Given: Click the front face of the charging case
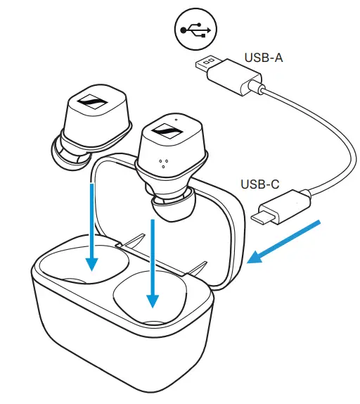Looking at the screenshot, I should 120,352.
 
